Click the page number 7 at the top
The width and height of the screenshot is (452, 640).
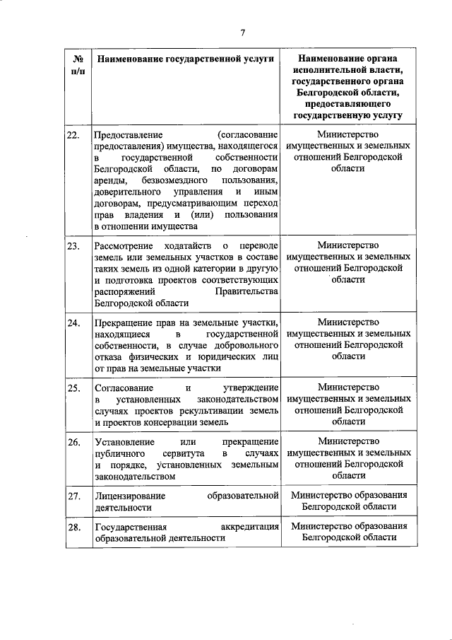coord(242,33)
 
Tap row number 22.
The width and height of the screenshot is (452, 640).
coord(72,134)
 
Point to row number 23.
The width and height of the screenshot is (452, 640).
coord(72,245)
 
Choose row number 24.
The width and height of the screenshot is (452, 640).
coord(72,322)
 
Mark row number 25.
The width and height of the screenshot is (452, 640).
coord(72,388)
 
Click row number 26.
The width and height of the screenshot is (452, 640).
coord(72,442)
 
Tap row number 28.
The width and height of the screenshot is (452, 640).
coord(72,527)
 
